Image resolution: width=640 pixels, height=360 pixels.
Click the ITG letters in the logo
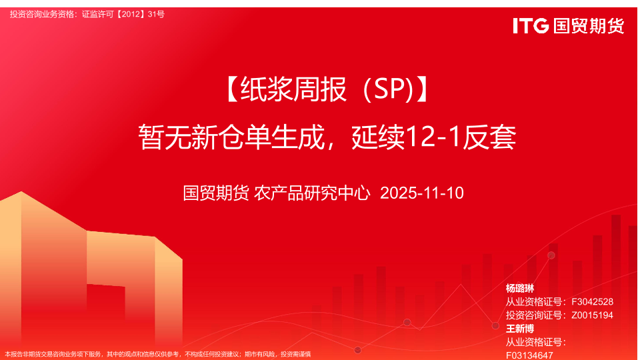tap(531, 26)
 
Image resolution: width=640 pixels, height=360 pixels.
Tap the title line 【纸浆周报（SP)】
tap(326, 89)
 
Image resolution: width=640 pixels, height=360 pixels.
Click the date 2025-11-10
tap(421, 193)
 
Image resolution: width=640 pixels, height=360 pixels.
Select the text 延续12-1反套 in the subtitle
tap(433, 137)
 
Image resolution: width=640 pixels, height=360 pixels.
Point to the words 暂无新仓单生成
tap(231, 137)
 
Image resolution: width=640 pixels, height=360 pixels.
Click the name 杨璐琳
tap(519, 288)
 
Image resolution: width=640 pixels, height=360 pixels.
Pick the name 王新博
tap(519, 329)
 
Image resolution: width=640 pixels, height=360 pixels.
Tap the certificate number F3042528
tap(592, 301)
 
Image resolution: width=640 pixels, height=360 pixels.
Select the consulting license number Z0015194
tap(592, 315)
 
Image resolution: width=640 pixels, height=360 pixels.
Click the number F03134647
tap(529, 355)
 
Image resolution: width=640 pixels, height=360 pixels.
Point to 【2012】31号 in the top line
tap(139, 14)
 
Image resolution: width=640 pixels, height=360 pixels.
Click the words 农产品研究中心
tap(312, 193)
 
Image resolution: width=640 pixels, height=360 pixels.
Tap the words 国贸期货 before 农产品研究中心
tap(215, 193)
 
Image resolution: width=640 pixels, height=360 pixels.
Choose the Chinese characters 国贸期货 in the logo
tap(589, 26)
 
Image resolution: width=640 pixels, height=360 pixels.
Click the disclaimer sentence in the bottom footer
tap(157, 354)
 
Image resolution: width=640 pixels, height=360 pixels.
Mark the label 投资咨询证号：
tap(536, 315)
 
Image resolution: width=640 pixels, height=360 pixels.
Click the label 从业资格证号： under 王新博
tap(536, 342)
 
